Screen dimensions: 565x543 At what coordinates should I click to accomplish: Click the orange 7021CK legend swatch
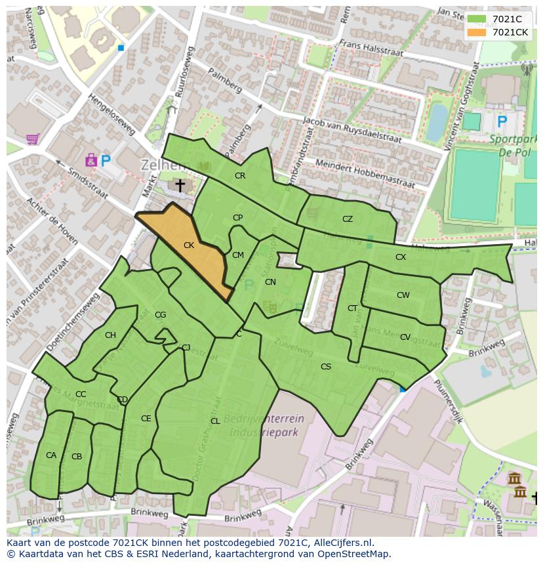pyautogui.click(x=477, y=32)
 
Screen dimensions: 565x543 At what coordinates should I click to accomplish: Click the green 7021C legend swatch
pyautogui.click(x=477, y=19)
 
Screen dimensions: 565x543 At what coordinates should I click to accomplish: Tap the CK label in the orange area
pyautogui.click(x=189, y=245)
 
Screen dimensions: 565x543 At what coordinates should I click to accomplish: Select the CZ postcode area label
pyautogui.click(x=348, y=219)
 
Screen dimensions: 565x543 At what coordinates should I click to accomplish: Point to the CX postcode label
pyautogui.click(x=401, y=257)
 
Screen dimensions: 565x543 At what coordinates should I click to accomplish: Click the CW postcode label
pyautogui.click(x=403, y=295)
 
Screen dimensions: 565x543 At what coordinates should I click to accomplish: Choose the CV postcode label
pyautogui.click(x=405, y=337)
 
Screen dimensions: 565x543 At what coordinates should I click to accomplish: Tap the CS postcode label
pyautogui.click(x=326, y=367)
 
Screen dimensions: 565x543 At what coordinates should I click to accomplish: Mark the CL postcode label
pyautogui.click(x=215, y=421)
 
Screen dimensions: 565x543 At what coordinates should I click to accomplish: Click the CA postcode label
pyautogui.click(x=51, y=455)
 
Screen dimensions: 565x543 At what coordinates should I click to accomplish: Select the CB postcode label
pyautogui.click(x=77, y=457)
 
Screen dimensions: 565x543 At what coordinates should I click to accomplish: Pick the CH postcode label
pyautogui.click(x=110, y=335)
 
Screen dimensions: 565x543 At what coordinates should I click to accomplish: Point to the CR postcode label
pyautogui.click(x=240, y=176)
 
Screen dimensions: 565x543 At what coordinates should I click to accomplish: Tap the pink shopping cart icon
pyautogui.click(x=32, y=139)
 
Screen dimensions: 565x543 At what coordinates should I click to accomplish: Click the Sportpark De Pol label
pyautogui.click(x=513, y=145)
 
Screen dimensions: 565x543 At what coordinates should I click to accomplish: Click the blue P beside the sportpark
pyautogui.click(x=502, y=121)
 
